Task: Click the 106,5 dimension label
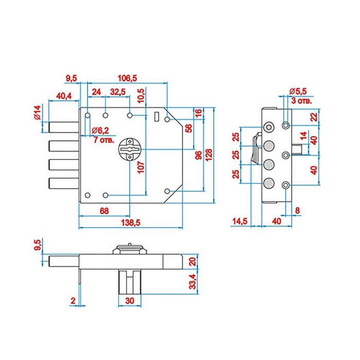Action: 127,78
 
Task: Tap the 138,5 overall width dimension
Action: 131,223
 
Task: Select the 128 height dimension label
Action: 209,155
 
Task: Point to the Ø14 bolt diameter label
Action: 37,113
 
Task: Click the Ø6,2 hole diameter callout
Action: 100,131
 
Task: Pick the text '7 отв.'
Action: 104,140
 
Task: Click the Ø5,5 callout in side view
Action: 298,91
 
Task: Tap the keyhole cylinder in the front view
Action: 130,149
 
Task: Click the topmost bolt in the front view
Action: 64,128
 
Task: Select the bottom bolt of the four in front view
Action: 64,183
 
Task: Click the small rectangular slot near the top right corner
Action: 157,116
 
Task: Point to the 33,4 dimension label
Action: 193,281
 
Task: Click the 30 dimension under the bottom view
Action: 130,300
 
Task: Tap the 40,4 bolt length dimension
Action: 64,96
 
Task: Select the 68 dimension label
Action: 104,211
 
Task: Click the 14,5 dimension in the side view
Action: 240,221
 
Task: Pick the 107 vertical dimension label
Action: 141,167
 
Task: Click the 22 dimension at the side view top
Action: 314,117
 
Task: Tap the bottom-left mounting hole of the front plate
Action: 87,195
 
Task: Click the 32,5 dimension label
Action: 118,92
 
